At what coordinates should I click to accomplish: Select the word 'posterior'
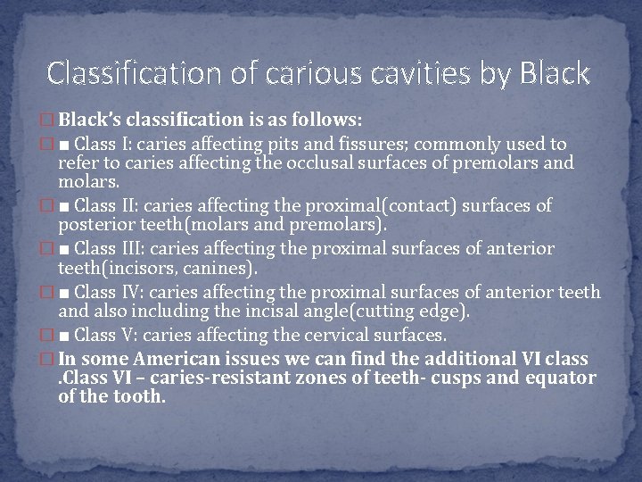click(95, 227)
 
